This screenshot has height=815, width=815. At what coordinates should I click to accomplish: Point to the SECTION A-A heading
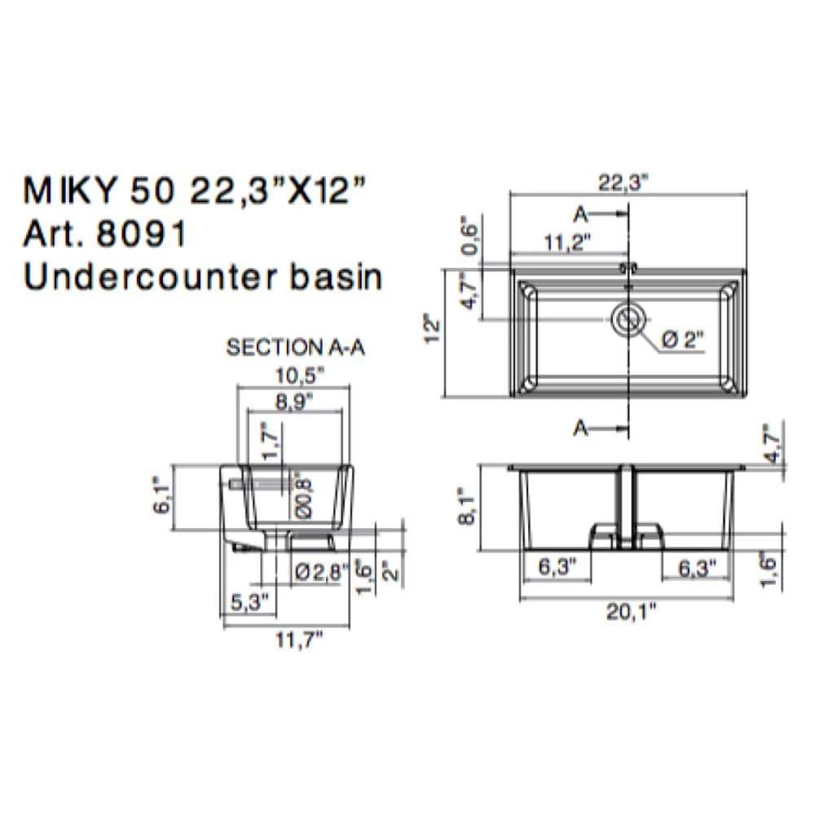(295, 348)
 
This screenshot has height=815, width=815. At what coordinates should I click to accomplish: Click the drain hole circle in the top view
(628, 319)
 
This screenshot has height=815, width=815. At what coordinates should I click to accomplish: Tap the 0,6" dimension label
(468, 236)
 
